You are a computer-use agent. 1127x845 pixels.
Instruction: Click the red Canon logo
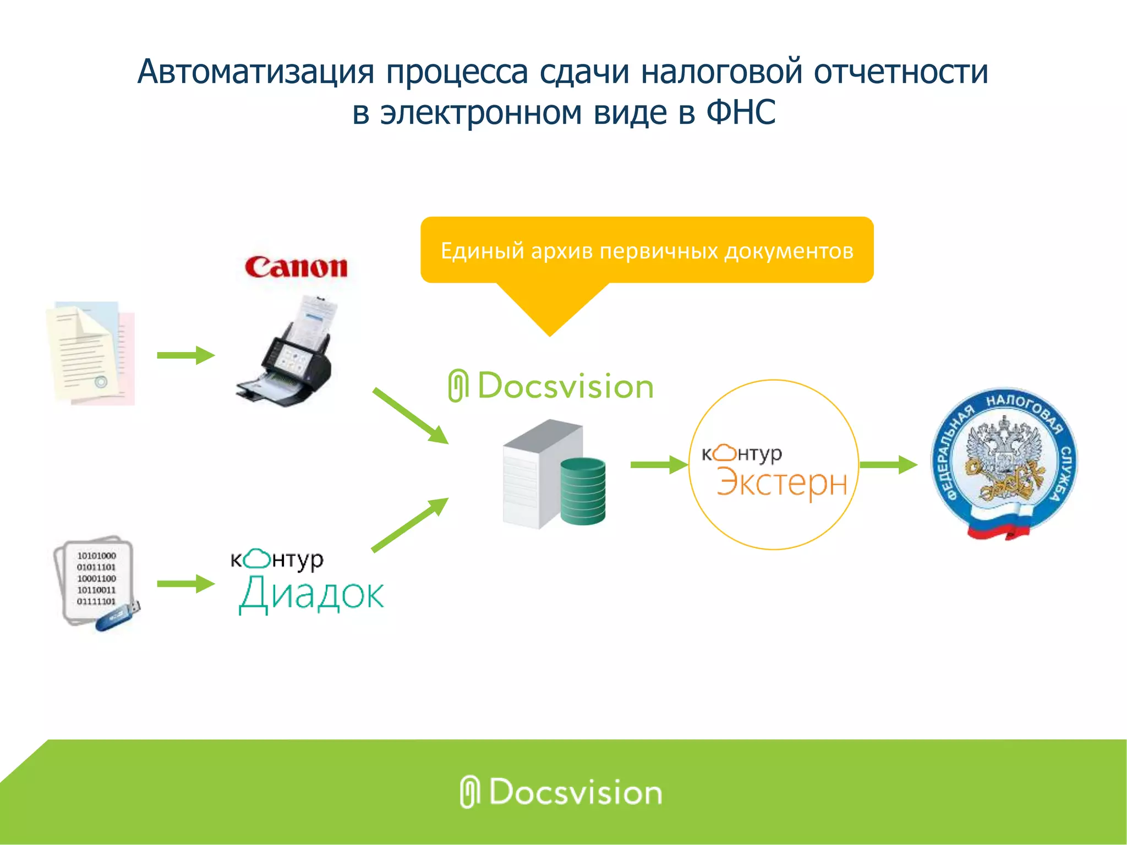(296, 268)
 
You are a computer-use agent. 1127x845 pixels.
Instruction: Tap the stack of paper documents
(90, 353)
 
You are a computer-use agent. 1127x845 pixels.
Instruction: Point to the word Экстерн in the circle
(781, 483)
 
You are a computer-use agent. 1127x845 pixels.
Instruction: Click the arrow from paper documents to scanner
(185, 355)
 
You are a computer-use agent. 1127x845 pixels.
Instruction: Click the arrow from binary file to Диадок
(185, 584)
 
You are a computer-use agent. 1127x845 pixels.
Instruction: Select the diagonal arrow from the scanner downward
(411, 416)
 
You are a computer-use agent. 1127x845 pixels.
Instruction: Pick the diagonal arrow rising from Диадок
(411, 524)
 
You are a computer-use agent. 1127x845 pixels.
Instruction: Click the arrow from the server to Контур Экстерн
(659, 465)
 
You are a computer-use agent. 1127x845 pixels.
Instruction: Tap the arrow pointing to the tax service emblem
(888, 465)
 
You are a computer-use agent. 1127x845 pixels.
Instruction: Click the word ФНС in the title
(741, 112)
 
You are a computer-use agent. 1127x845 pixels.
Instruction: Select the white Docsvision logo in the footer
(561, 792)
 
